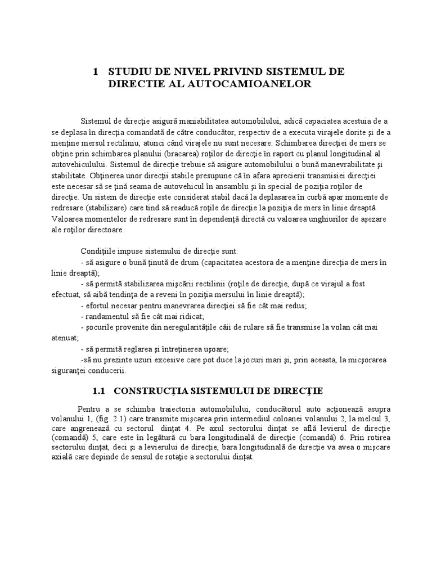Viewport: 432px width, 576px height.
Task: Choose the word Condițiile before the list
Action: [x=100, y=250]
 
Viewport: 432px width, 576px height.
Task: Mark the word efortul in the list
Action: [x=97, y=305]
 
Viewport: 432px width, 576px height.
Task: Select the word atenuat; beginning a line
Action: [x=65, y=338]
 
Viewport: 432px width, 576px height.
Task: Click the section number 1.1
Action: [x=99, y=390]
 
